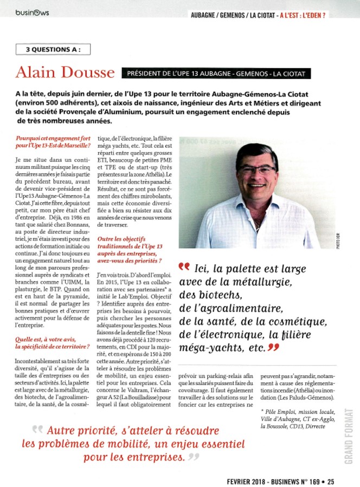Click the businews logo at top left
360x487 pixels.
click(32, 12)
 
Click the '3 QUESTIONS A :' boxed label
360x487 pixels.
click(53, 49)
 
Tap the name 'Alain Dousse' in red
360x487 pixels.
click(65, 73)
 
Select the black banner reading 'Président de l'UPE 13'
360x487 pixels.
click(216, 74)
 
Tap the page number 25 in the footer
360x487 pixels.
click(331, 479)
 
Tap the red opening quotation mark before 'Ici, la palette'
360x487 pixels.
click(184, 267)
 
